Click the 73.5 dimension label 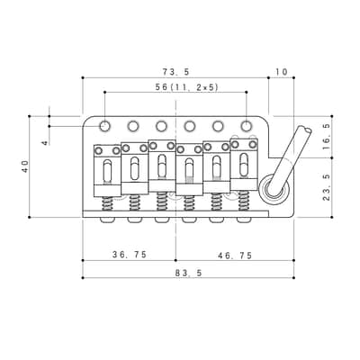176,72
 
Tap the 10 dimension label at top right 282,72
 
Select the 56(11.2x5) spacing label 186,87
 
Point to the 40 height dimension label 25,166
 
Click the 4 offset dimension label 45,143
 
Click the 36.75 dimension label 130,255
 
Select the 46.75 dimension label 235,256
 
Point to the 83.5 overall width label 188,273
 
